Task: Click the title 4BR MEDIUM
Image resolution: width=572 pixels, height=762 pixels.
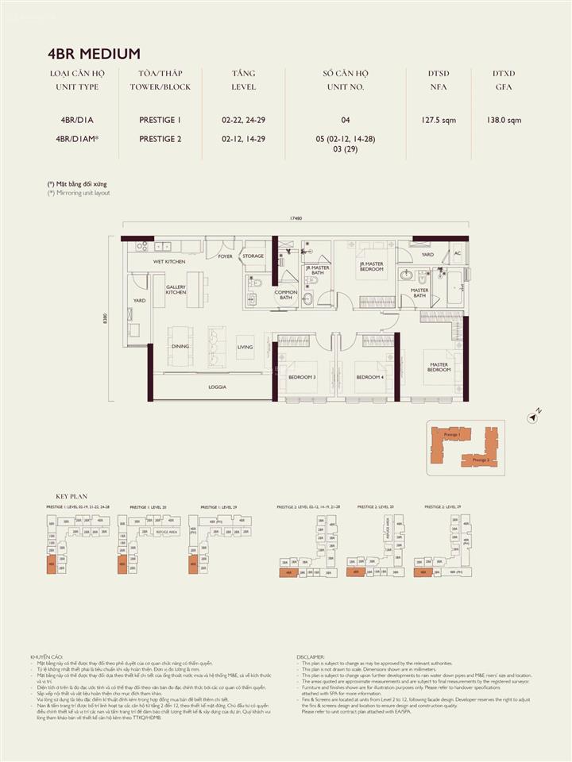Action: [94, 54]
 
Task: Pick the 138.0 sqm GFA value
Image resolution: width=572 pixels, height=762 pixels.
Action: [504, 120]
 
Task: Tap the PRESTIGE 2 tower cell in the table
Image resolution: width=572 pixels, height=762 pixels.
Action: [160, 138]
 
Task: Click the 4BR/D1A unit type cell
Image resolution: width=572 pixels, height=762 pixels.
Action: [76, 120]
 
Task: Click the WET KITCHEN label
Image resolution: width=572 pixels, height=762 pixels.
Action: [169, 261]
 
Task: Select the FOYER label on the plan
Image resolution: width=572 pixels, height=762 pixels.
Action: [226, 256]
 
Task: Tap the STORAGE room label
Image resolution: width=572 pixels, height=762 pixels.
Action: [253, 256]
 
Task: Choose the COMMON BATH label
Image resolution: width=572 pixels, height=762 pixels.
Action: [286, 295]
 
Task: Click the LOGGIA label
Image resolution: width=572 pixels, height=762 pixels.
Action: [218, 387]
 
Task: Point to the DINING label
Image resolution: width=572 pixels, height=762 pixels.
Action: [179, 347]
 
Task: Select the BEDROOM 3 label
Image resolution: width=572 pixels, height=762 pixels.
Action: [302, 377]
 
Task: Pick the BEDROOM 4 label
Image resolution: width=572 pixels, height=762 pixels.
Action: [369, 377]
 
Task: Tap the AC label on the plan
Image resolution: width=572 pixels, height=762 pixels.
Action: [457, 254]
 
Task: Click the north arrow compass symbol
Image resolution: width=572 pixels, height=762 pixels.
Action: [535, 414]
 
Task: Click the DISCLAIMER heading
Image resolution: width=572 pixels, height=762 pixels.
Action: [311, 657]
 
